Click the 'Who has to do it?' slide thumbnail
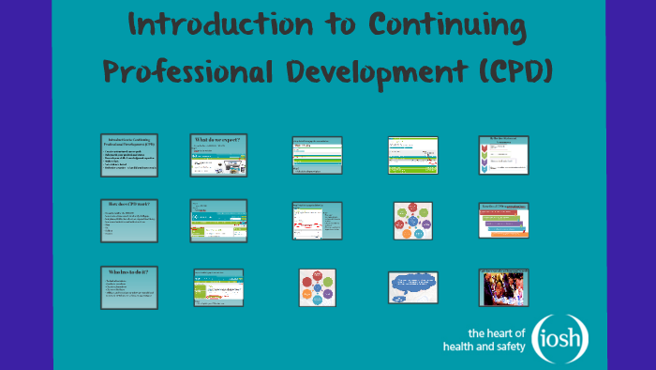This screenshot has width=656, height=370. [x=129, y=286]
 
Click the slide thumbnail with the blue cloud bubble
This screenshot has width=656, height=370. [x=412, y=286]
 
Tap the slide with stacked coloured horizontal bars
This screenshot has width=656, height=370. [x=504, y=220]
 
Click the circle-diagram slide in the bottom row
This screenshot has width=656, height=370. [x=317, y=286]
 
